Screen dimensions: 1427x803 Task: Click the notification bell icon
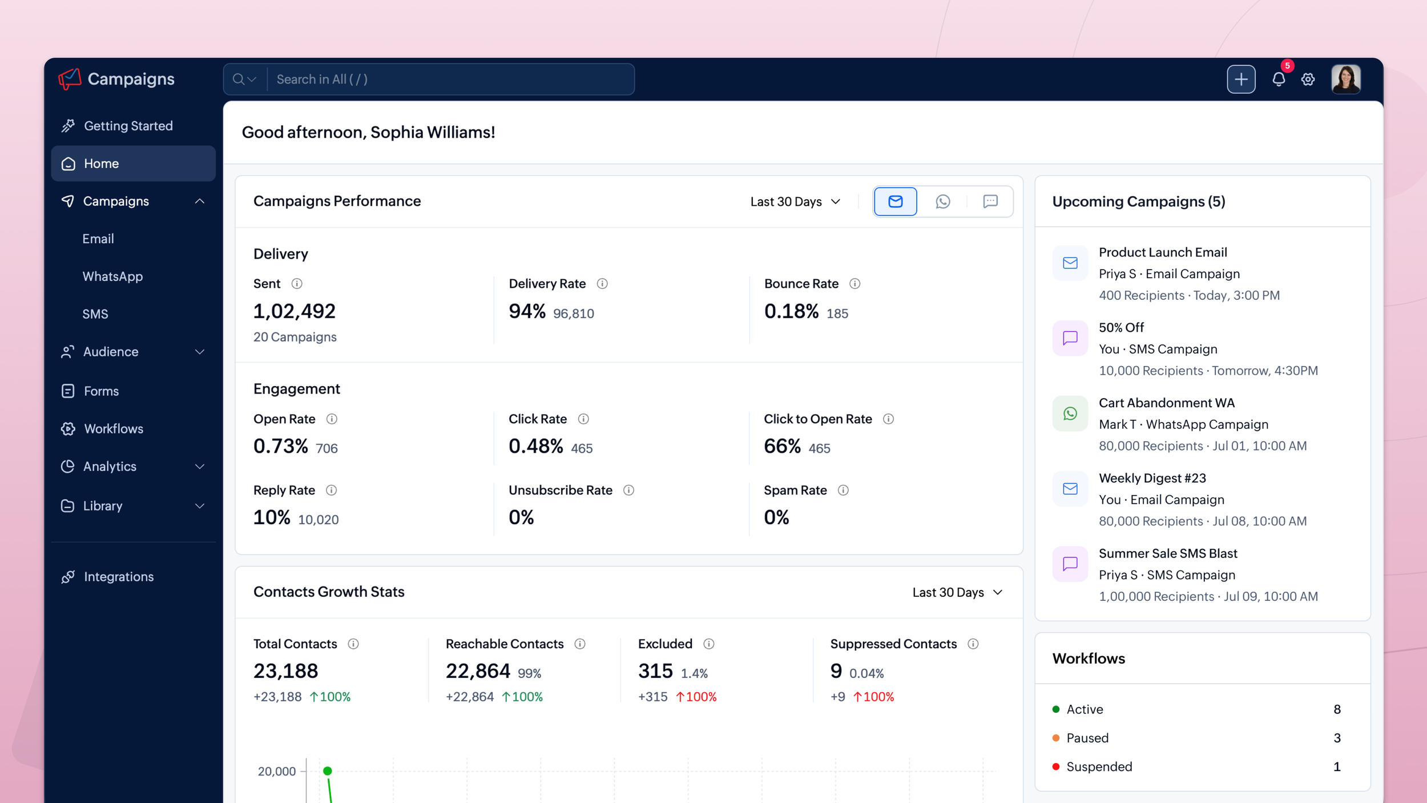pos(1279,79)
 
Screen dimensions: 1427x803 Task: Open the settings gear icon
pos(1308,79)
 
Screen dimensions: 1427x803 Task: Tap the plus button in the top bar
pos(1241,79)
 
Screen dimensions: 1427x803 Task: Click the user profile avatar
pos(1346,79)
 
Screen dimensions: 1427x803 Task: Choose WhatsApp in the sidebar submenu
pos(112,276)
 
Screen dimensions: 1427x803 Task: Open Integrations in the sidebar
pos(119,577)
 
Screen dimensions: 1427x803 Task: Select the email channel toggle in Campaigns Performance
pos(895,202)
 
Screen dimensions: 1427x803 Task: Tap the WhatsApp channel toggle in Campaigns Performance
pos(943,202)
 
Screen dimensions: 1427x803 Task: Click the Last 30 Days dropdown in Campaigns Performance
pos(795,202)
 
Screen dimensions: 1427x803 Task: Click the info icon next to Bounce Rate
pos(854,284)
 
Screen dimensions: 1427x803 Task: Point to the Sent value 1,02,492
pos(295,311)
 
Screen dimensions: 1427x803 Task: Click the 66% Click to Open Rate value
pos(782,446)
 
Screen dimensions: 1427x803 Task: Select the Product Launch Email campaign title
pos(1163,252)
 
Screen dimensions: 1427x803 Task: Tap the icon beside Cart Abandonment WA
pos(1070,413)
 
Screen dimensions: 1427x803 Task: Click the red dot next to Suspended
pos(1056,766)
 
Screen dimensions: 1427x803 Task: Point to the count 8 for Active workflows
pos(1337,709)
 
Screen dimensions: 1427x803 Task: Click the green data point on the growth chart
pos(328,771)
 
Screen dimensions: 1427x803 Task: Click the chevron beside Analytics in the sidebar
pos(200,467)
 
